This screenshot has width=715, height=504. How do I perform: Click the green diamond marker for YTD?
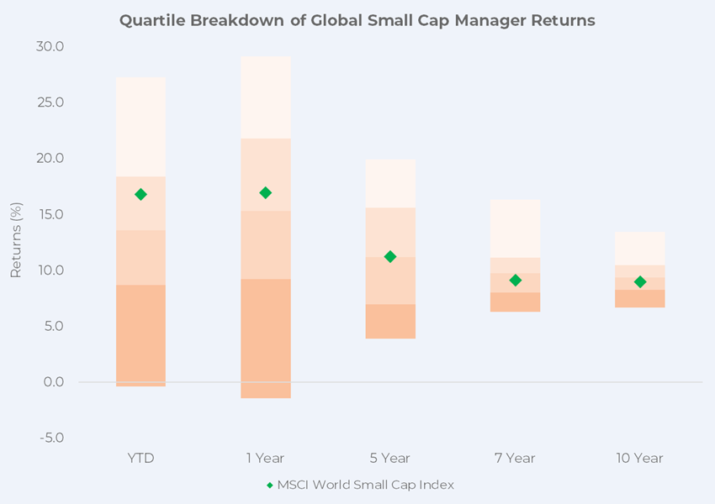[x=140, y=194]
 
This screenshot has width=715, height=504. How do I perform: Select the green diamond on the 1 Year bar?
[x=266, y=192]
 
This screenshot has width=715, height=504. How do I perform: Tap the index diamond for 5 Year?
[x=390, y=256]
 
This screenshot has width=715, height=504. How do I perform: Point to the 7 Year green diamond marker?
[x=516, y=280]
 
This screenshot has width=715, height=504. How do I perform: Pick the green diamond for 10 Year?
[x=640, y=281]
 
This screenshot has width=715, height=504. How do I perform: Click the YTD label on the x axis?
[x=140, y=459]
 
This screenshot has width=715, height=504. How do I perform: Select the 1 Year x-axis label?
[x=266, y=459]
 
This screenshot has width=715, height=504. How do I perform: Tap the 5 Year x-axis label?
[x=390, y=459]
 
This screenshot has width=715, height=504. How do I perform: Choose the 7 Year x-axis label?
[x=516, y=459]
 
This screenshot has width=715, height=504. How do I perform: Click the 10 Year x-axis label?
[x=640, y=459]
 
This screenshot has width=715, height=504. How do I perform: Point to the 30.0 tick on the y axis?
[x=50, y=46]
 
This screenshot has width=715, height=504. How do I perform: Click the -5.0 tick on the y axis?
[x=50, y=438]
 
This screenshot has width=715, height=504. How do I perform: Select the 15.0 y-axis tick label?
[x=50, y=214]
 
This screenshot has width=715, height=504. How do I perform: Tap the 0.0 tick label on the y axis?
[x=53, y=382]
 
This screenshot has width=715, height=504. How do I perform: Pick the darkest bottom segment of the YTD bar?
[x=140, y=335]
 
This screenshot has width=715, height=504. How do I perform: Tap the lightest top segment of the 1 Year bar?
[x=266, y=97]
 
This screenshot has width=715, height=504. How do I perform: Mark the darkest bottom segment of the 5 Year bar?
[x=390, y=321]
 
